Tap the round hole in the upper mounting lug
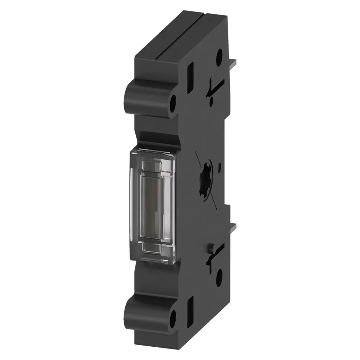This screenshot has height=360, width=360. (173, 102)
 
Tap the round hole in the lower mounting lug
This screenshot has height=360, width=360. (173, 318)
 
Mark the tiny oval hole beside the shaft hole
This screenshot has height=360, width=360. (220, 167)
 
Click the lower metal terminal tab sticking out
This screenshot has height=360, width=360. (233, 228)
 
